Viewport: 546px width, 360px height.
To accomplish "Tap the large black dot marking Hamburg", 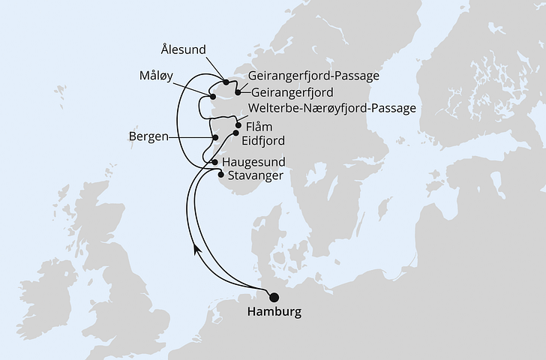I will click(x=273, y=296).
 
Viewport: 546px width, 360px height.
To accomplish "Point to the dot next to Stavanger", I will click(x=220, y=175).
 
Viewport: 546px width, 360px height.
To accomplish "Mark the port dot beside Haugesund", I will click(x=215, y=162).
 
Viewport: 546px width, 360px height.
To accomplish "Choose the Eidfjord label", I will click(x=263, y=139).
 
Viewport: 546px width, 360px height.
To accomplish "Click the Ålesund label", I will click(x=184, y=49).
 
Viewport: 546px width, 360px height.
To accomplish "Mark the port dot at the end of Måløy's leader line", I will click(x=213, y=97).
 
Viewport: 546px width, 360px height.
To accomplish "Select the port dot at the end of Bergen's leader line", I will click(x=215, y=138).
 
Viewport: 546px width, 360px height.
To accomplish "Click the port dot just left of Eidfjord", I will click(x=235, y=133).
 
